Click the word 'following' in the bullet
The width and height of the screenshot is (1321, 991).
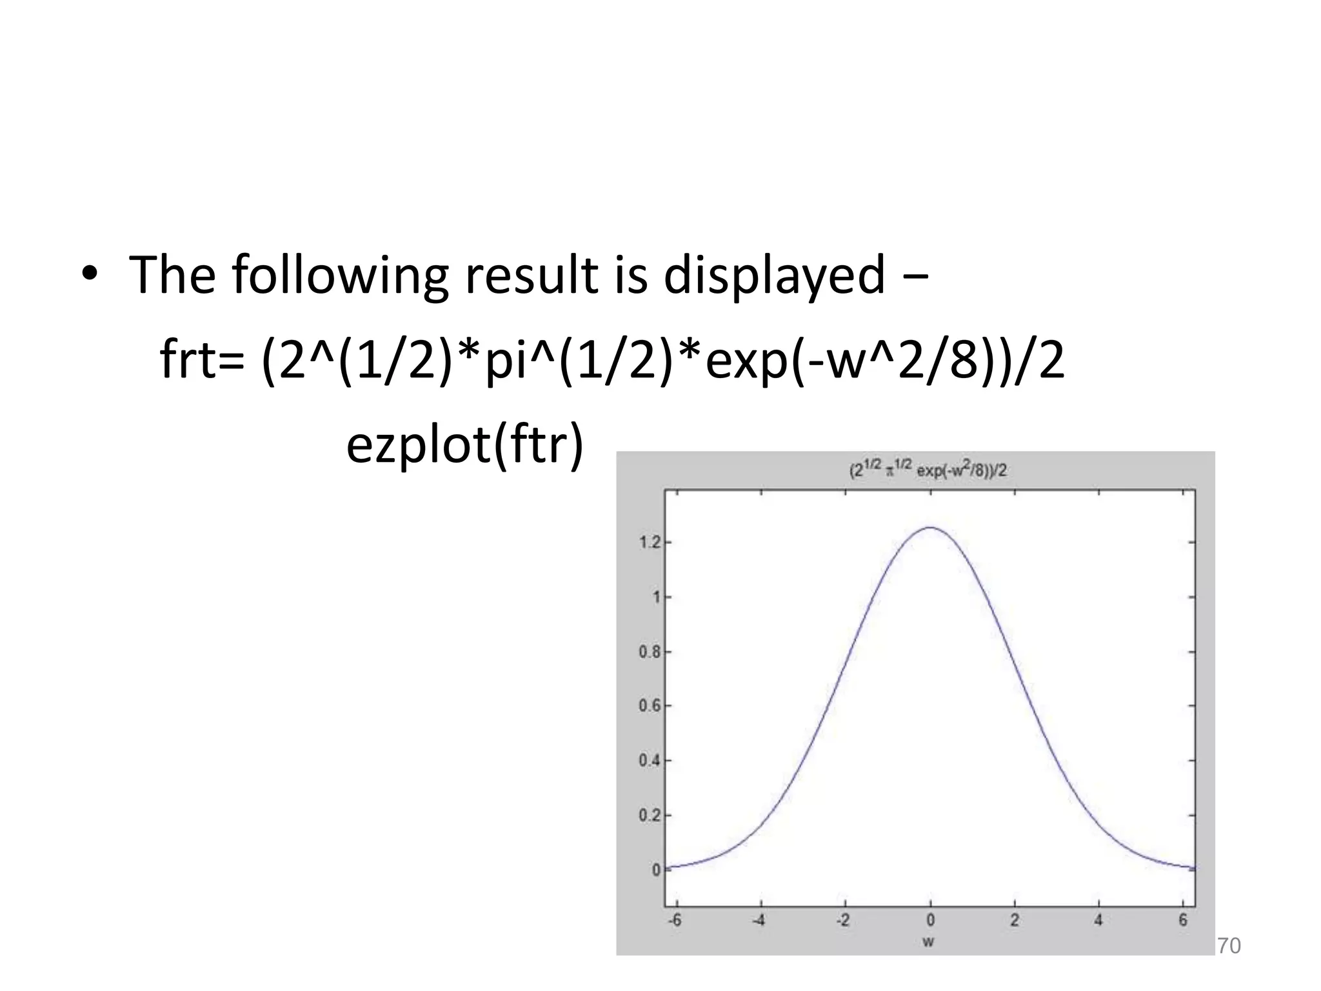[339, 275]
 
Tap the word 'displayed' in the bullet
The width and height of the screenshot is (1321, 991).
[774, 275]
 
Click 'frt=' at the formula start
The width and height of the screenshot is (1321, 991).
[202, 360]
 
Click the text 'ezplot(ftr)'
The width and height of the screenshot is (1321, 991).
[464, 445]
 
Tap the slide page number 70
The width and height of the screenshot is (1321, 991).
[1229, 946]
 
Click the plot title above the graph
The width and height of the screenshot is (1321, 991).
[928, 470]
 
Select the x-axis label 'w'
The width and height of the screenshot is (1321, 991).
[928, 943]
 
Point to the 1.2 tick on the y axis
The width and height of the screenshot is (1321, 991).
[650, 543]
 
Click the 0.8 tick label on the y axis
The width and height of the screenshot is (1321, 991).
[650, 652]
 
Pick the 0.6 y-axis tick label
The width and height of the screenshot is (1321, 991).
[650, 706]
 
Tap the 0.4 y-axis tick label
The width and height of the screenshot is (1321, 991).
[650, 761]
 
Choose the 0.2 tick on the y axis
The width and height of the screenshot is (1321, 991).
[650, 816]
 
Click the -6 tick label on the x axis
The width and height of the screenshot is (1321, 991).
[674, 921]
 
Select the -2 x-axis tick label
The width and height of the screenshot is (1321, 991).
[842, 921]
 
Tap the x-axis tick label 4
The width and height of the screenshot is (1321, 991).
[1098, 921]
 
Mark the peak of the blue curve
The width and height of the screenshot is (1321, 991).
[930, 528]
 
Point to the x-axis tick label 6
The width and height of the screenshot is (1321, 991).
[1183, 921]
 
